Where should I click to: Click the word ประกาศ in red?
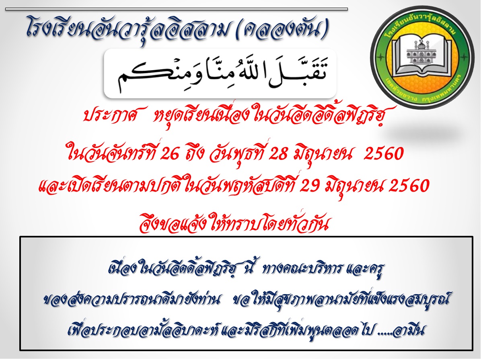pyautogui.click(x=109, y=115)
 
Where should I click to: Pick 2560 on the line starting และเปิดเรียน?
pyautogui.click(x=409, y=186)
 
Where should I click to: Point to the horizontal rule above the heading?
pyautogui.click(x=177, y=9)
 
